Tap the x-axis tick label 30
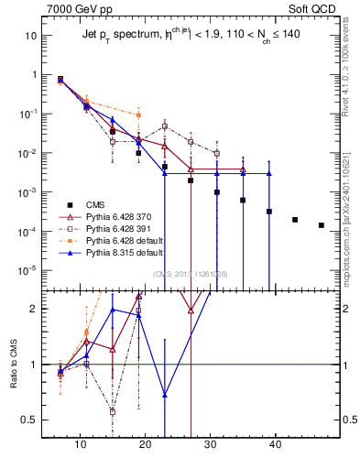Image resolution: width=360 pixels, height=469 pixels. [210, 445]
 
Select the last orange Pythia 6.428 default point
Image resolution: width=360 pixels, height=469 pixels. [138, 115]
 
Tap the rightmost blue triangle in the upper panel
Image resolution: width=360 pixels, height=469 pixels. [268, 173]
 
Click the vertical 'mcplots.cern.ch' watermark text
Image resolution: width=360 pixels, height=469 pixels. [349, 229]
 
